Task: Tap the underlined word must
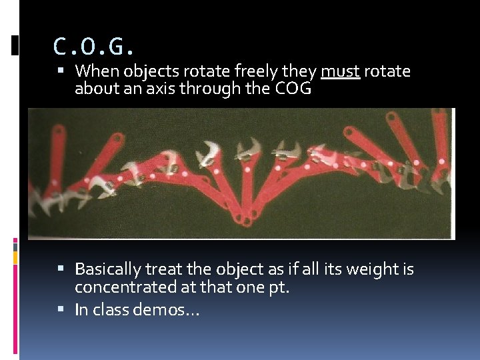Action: point(340,71)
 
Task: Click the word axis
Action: point(183,88)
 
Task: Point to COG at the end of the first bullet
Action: point(293,88)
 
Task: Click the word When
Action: point(96,71)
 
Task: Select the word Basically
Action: point(108,269)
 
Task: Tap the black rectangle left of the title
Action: point(16,45)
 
